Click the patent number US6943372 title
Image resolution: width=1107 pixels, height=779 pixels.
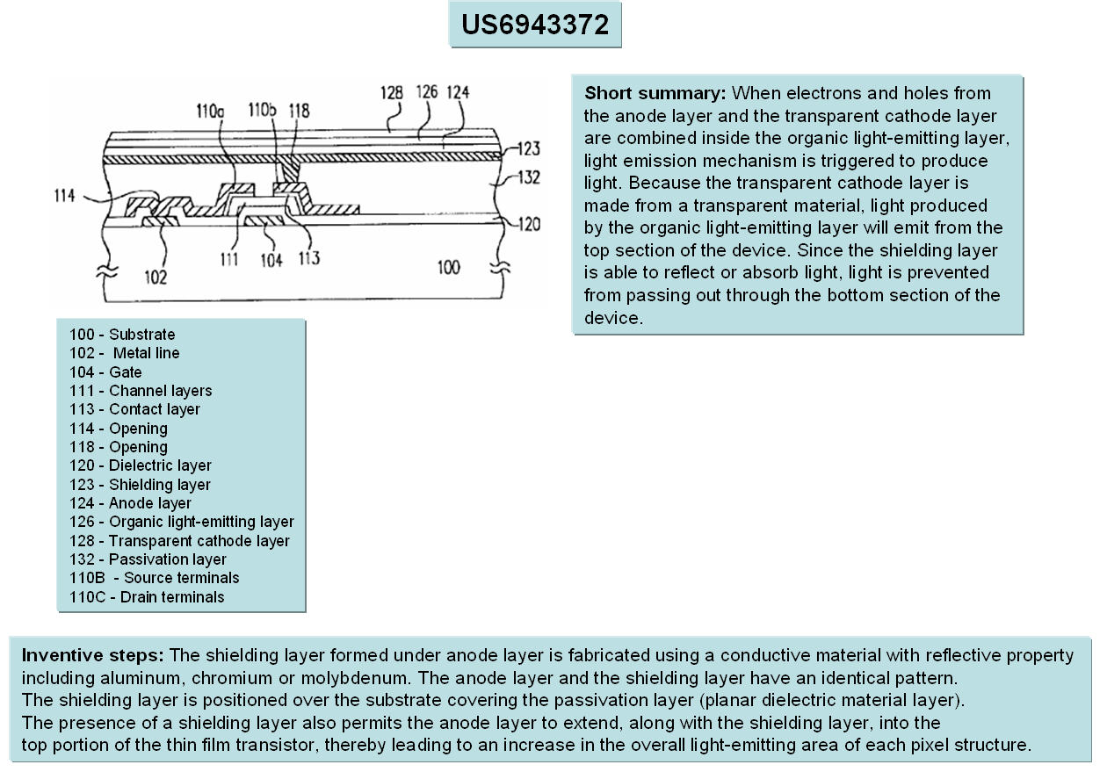pos(534,25)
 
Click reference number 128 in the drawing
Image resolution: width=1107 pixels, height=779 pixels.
pos(392,91)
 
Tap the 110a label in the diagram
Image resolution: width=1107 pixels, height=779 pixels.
pos(210,112)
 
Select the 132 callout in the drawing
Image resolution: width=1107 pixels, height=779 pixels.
pos(528,178)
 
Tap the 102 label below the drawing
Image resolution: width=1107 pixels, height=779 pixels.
pos(155,277)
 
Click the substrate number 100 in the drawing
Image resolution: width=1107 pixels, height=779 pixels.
pos(448,266)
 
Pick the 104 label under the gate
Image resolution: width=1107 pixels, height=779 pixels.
pos(271,260)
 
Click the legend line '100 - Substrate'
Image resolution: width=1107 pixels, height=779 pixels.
pos(122,335)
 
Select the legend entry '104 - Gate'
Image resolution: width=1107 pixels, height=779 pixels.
pos(105,372)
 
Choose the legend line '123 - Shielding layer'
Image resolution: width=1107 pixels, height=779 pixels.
pos(140,485)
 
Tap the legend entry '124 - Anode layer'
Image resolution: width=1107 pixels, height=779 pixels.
pos(130,503)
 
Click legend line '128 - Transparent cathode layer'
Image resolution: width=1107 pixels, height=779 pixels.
pos(179,541)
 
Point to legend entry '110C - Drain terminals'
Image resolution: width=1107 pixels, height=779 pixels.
pos(147,597)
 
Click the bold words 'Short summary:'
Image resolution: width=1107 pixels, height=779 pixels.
pos(655,93)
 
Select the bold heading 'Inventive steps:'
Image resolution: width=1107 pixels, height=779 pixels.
pos(92,655)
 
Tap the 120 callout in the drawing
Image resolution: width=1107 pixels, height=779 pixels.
pos(528,225)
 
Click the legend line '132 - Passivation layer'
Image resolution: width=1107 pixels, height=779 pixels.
pos(148,559)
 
